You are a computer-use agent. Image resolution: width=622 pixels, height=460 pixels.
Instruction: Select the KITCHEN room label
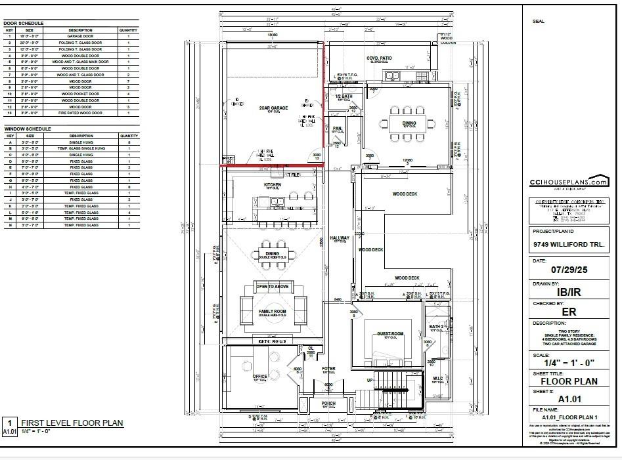pos(273,185)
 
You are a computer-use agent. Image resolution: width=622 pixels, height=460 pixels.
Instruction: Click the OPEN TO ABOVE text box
pos(272,287)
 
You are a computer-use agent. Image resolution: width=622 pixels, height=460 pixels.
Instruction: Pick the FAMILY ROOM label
pos(272,311)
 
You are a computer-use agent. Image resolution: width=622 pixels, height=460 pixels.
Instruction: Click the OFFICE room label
pos(260,377)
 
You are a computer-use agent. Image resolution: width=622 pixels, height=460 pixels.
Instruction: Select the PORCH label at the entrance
pos(328,403)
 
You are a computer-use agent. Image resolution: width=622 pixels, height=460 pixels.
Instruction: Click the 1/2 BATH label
pos(344,96)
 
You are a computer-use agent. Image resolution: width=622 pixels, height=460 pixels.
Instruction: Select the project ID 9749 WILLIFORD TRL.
pos(567,245)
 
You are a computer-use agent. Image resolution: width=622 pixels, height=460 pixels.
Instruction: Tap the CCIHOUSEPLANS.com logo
pos(569,183)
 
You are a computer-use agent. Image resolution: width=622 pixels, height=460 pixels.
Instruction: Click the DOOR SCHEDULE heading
pos(24,23)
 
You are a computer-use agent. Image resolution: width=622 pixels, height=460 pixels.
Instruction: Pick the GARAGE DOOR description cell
pos(80,37)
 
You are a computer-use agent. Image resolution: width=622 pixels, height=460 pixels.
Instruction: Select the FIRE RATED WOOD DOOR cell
pos(80,113)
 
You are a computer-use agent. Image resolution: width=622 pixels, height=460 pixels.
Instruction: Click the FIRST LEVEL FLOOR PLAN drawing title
pos(72,423)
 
